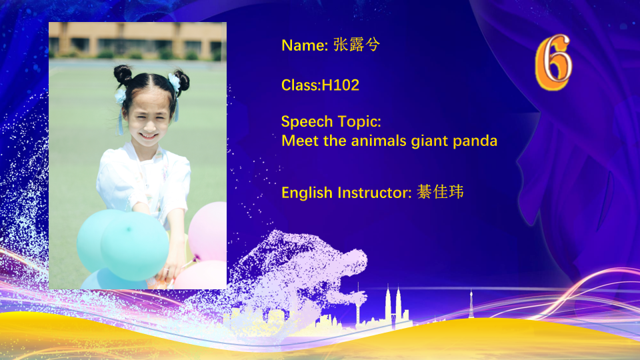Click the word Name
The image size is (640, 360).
(305, 45)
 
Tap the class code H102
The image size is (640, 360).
(341, 85)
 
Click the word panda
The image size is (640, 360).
(475, 141)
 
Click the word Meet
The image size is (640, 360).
(300, 141)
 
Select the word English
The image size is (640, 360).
(307, 193)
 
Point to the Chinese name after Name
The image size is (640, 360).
(357, 45)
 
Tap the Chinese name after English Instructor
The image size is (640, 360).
(441, 192)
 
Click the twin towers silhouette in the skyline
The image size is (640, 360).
(393, 305)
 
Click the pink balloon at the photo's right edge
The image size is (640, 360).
(208, 232)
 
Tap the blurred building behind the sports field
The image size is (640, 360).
(137, 40)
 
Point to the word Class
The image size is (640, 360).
(299, 85)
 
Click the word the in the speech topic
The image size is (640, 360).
(335, 141)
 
